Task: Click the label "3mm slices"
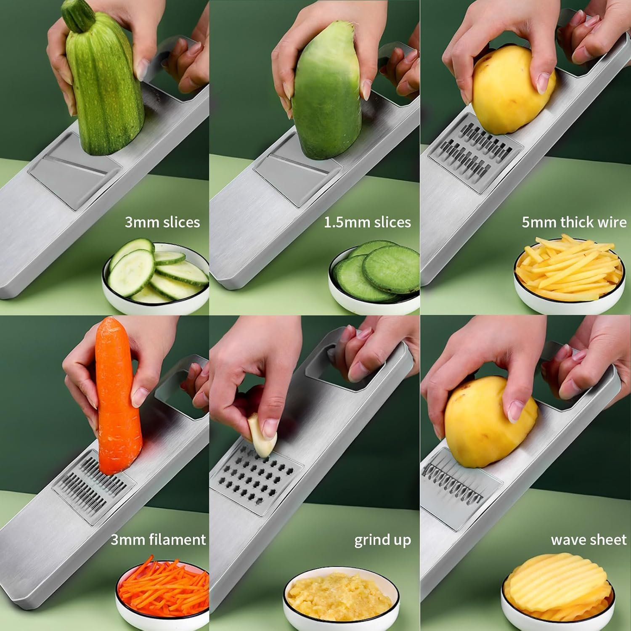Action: coord(162,222)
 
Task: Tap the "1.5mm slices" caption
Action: coord(367,222)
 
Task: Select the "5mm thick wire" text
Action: coord(574,222)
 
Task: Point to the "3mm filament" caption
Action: coord(158,539)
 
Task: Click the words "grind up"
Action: coord(382,540)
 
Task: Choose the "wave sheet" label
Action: coord(589,540)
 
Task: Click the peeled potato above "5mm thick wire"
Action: coord(513,94)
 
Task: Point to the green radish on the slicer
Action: coord(326,90)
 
